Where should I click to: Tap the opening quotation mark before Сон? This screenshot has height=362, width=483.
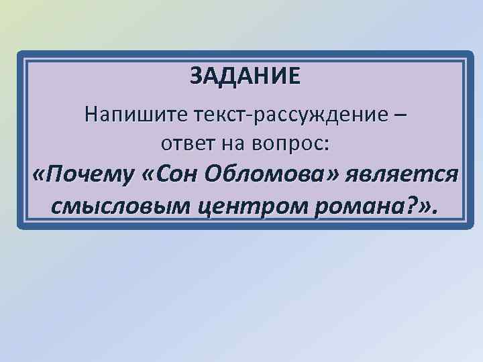pos(149,174)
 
